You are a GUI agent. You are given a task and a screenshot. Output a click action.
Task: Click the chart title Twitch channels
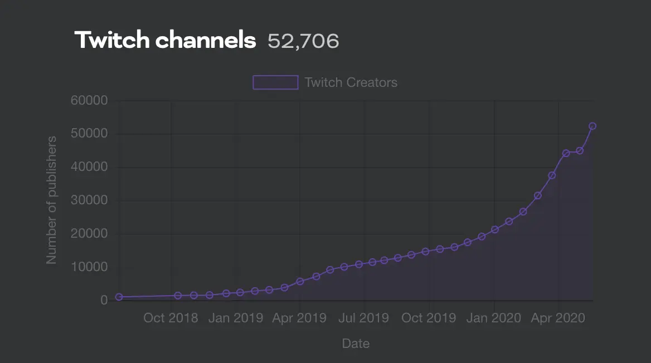click(x=165, y=40)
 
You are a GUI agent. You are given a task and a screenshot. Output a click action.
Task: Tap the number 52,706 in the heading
click(x=304, y=41)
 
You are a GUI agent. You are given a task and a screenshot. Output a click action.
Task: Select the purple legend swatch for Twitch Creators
click(x=275, y=82)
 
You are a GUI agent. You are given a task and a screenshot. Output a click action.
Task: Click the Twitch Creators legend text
click(x=351, y=82)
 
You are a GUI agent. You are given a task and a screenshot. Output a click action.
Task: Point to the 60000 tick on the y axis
click(x=89, y=100)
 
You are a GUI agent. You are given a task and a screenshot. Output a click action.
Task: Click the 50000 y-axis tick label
click(x=89, y=134)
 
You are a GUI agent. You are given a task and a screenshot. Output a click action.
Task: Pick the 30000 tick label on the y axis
click(x=89, y=200)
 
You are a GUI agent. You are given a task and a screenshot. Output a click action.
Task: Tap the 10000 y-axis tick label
click(x=89, y=267)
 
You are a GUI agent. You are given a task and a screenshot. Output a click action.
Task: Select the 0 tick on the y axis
click(x=104, y=300)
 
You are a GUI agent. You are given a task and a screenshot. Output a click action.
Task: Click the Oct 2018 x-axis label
click(x=171, y=318)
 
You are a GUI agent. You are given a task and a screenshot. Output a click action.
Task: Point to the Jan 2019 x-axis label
click(x=235, y=318)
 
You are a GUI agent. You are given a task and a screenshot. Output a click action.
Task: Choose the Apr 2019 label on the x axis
click(x=299, y=318)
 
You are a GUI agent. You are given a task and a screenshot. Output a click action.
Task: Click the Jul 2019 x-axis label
click(x=364, y=318)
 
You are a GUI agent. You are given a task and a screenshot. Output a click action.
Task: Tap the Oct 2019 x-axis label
click(x=429, y=318)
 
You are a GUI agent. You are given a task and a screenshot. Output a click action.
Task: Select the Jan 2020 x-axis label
click(x=493, y=318)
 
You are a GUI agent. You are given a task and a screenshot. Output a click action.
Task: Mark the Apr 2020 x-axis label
click(x=557, y=318)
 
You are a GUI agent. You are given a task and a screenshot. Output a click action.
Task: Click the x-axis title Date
click(x=356, y=344)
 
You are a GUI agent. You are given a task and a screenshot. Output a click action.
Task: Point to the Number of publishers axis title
click(x=51, y=200)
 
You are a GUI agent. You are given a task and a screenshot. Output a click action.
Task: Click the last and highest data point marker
click(x=592, y=126)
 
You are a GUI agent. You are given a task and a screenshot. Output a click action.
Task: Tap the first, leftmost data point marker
click(x=119, y=297)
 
